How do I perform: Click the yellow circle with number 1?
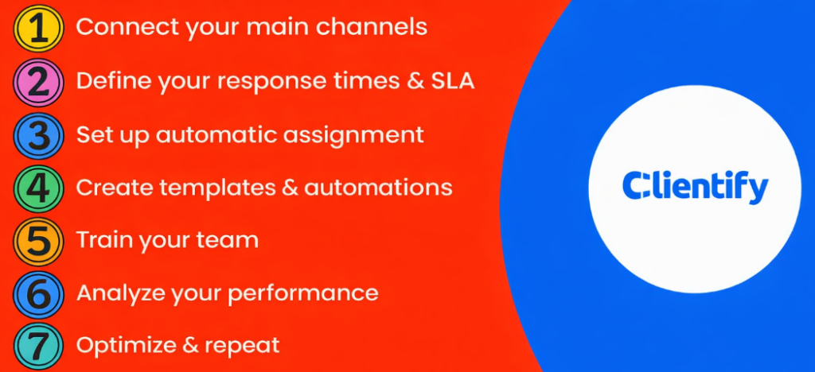(x=37, y=29)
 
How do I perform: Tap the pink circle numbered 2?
(x=37, y=82)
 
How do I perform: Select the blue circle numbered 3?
(x=37, y=135)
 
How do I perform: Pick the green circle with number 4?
(x=37, y=188)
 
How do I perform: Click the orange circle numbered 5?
(x=37, y=241)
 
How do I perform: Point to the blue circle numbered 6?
(x=37, y=294)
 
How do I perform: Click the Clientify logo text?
(x=694, y=187)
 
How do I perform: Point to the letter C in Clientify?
(x=634, y=187)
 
